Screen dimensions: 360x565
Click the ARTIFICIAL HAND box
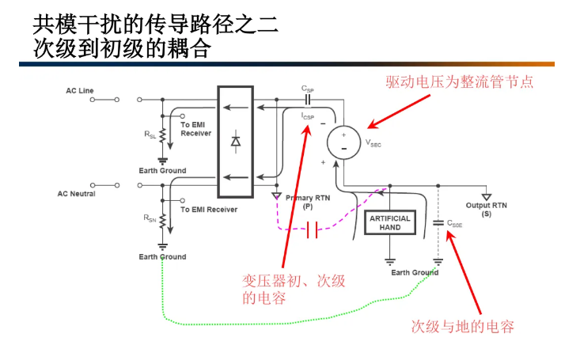(390, 222)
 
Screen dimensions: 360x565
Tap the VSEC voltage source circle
(343, 142)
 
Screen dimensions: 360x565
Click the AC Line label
(80, 91)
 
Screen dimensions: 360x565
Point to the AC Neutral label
(77, 193)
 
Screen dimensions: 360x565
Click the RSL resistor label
(150, 135)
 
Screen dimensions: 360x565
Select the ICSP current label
(308, 116)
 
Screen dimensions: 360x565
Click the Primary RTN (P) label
(307, 202)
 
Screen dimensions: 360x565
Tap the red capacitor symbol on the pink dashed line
(312, 230)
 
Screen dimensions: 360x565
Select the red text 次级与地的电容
(463, 326)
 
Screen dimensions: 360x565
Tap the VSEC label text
(374, 144)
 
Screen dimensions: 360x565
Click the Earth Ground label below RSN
(162, 256)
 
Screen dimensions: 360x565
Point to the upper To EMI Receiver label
(196, 129)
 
